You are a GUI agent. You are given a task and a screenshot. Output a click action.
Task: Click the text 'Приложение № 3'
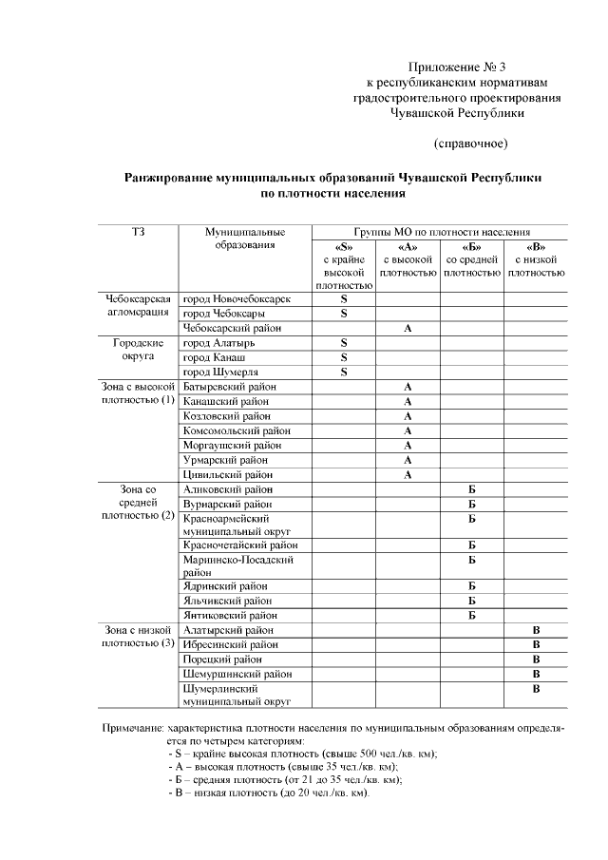point(456,67)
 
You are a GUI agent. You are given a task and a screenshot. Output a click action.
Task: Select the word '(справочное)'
point(470,144)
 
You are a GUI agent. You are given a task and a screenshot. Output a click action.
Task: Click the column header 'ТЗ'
point(138,232)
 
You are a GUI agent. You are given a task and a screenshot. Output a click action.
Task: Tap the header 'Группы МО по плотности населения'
point(442,232)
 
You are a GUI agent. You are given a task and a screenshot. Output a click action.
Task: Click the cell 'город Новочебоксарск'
point(237,298)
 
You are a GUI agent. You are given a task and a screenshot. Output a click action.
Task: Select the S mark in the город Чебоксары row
point(344,313)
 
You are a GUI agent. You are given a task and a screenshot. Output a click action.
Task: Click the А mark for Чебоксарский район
point(408,328)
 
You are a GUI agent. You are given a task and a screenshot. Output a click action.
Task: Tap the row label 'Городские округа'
point(139,350)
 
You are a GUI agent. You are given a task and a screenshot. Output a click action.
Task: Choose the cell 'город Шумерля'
point(220,372)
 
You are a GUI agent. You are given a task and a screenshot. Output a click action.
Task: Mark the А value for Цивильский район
point(408,474)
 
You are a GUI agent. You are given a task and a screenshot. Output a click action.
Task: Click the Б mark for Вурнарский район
point(471,504)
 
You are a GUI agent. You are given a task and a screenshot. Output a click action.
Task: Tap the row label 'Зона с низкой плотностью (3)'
point(139,637)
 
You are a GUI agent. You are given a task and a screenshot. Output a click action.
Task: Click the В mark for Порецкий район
point(536,659)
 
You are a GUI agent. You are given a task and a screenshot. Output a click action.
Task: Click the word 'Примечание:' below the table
point(134,729)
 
